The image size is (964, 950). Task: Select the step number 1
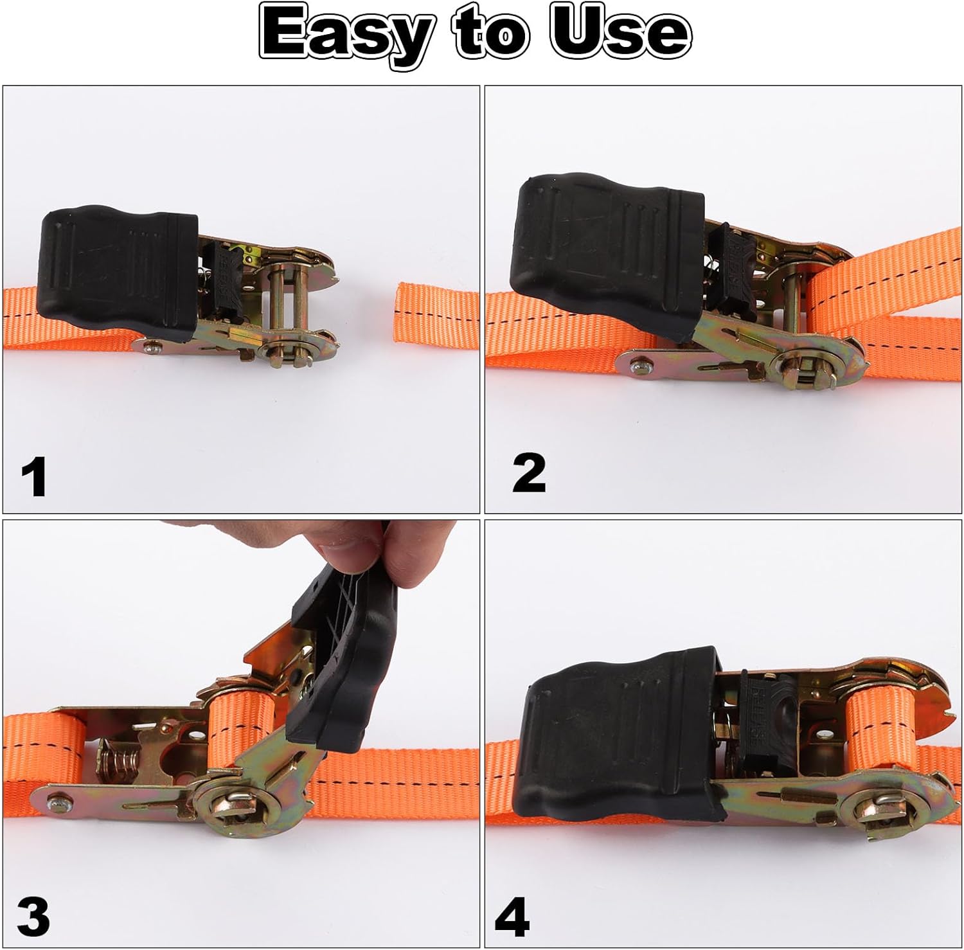[x=33, y=477]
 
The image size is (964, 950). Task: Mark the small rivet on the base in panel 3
[x=58, y=802]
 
